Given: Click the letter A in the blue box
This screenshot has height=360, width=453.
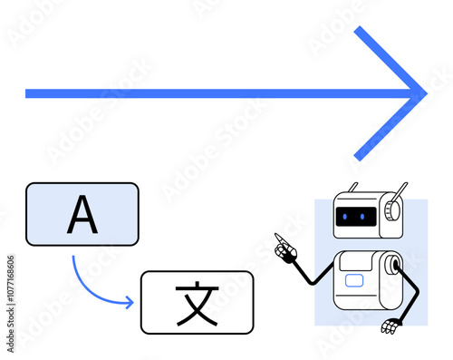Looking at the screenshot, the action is click(82, 214).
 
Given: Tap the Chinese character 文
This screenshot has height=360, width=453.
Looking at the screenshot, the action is click(197, 303).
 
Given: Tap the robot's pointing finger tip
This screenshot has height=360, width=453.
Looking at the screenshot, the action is click(277, 237).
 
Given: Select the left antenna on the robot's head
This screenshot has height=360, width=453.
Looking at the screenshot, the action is click(352, 190).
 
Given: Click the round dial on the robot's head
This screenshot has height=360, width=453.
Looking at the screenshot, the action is click(390, 211).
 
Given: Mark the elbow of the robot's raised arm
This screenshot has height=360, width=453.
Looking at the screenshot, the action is click(313, 281).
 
